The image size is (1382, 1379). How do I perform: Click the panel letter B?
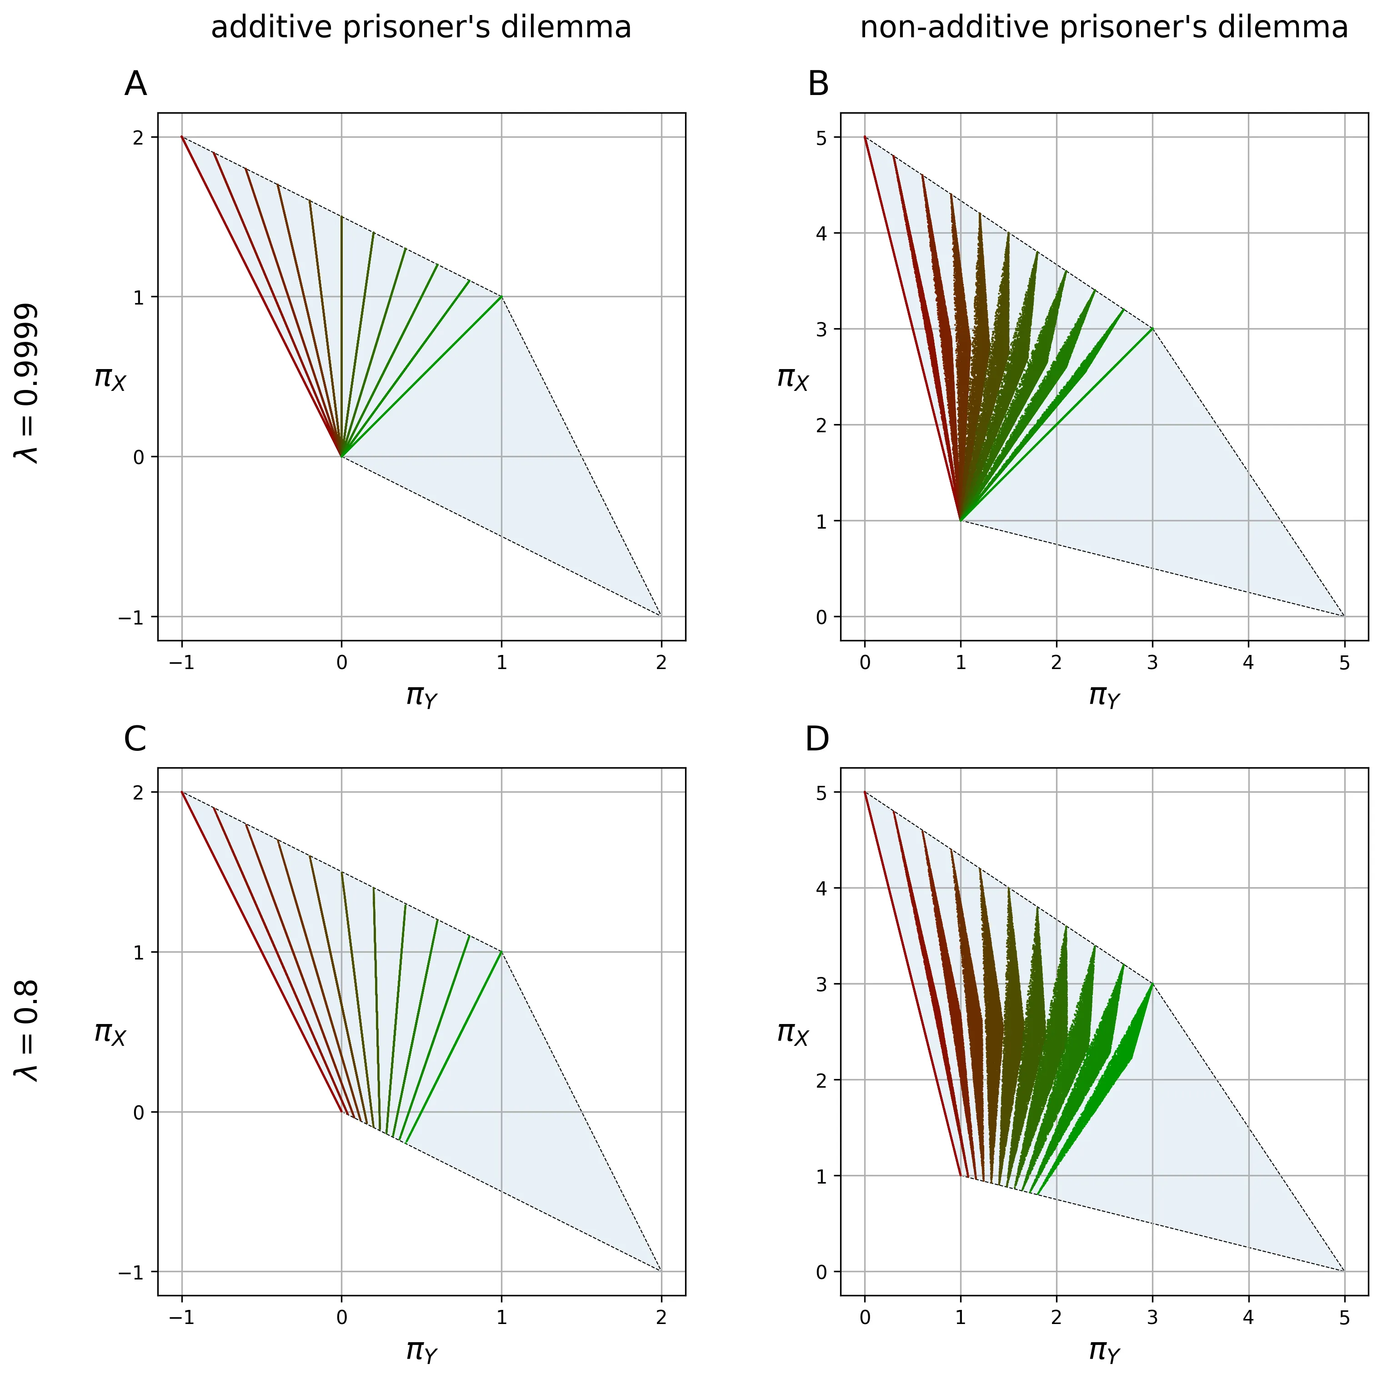click(x=818, y=85)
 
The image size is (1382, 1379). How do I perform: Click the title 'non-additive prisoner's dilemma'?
click(x=1104, y=28)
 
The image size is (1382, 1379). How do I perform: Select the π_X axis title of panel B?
click(x=792, y=378)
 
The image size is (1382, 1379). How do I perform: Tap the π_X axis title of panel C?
click(x=110, y=1033)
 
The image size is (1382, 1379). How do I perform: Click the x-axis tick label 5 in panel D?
click(x=1344, y=1318)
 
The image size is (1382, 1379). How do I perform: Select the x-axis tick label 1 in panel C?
click(x=501, y=1318)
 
